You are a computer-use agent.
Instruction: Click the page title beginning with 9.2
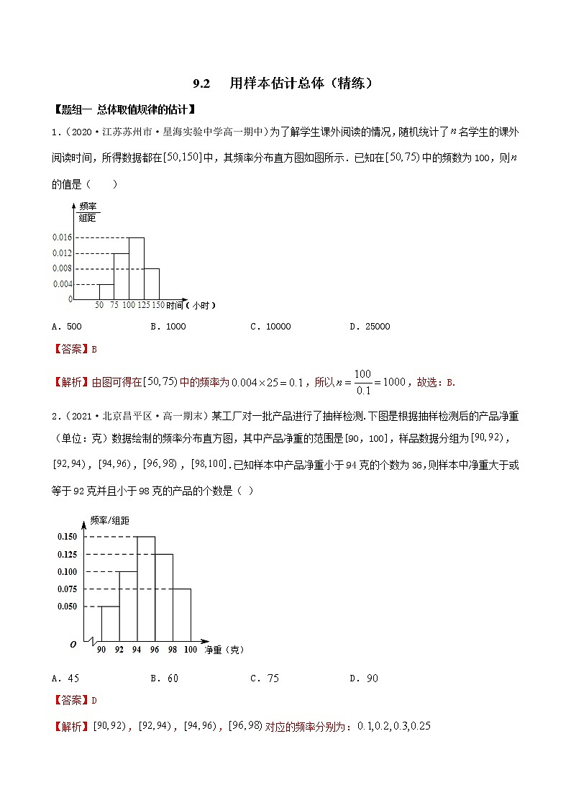(x=284, y=83)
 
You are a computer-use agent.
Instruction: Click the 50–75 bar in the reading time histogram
(x=105, y=291)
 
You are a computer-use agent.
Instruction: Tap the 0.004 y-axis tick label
(x=62, y=284)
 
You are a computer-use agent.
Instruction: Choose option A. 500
(x=67, y=327)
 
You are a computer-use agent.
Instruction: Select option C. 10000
(x=270, y=327)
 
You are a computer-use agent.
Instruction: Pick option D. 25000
(x=370, y=327)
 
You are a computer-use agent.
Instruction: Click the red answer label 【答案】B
(x=75, y=350)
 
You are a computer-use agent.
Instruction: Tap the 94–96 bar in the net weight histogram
(x=145, y=589)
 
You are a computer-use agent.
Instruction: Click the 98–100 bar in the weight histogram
(x=181, y=614)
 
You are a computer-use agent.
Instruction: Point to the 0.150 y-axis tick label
(x=67, y=537)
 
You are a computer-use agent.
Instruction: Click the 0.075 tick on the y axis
(x=67, y=589)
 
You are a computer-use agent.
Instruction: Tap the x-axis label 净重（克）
(x=224, y=650)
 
